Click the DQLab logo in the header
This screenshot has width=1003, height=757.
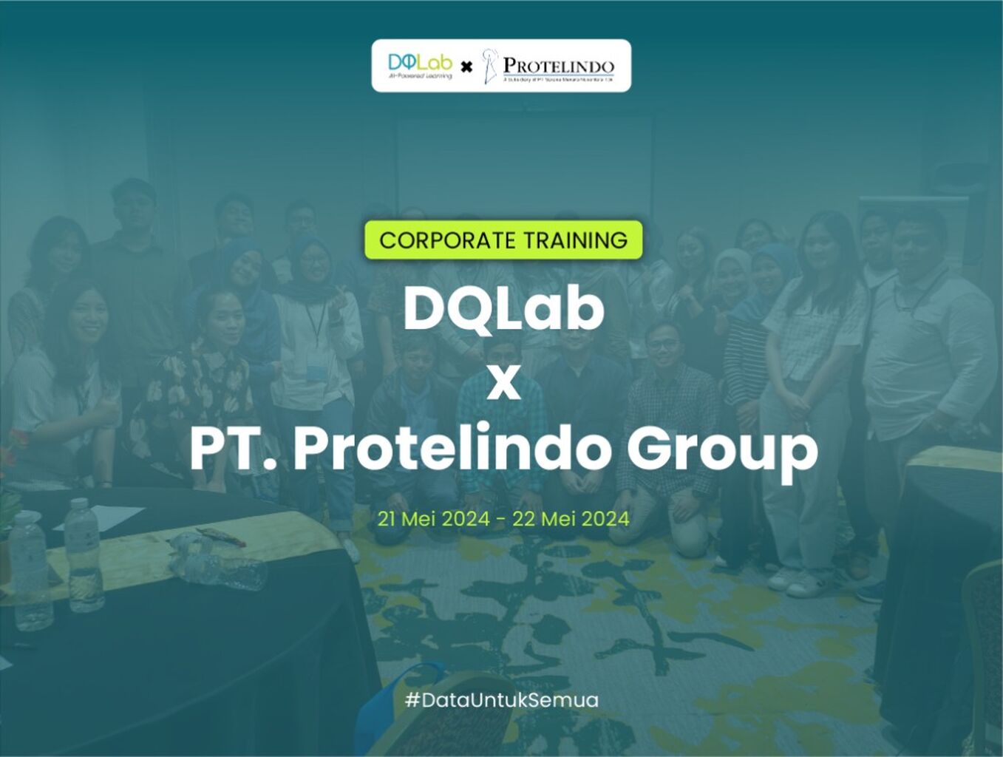[420, 63]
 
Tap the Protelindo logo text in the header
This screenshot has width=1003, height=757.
[558, 66]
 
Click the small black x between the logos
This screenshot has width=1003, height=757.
[466, 67]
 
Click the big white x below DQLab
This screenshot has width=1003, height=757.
[503, 384]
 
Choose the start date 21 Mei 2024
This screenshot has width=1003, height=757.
[433, 519]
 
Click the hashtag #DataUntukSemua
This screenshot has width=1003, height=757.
[502, 699]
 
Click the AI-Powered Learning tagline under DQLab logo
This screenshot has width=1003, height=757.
[420, 76]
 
